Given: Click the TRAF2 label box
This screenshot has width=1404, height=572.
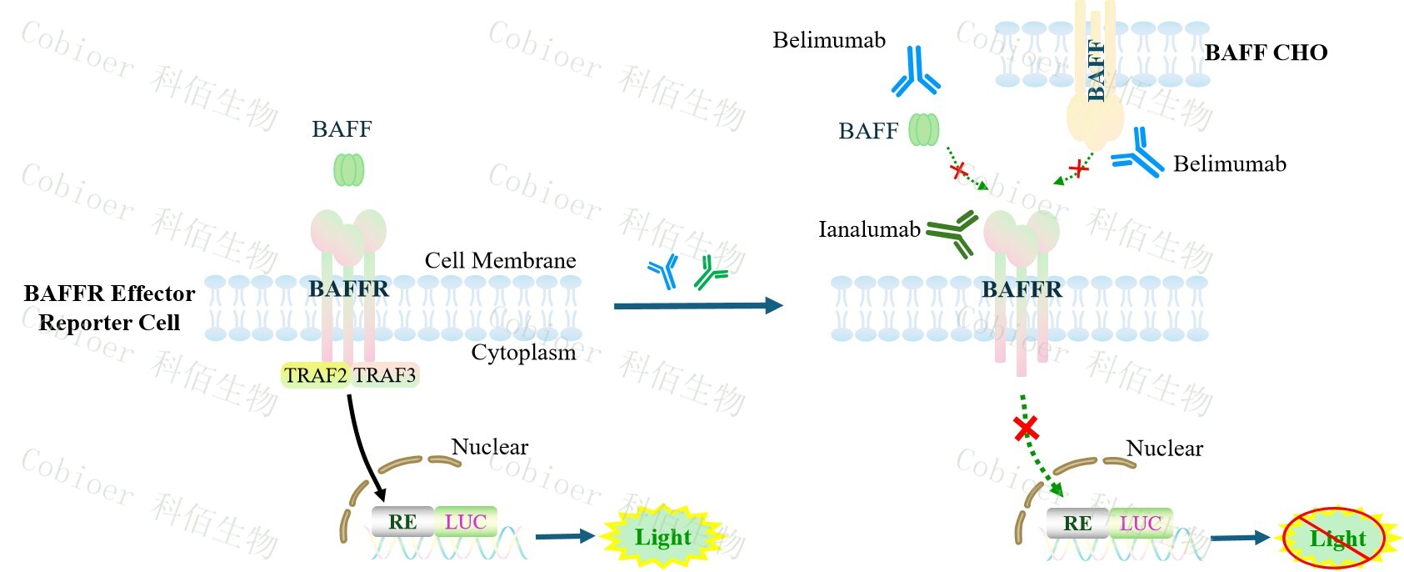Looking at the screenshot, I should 315,375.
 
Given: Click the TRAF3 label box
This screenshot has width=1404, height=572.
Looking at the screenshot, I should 385,375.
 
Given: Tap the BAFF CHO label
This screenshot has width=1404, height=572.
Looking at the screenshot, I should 1265,53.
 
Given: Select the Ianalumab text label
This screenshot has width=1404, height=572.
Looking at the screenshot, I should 869,229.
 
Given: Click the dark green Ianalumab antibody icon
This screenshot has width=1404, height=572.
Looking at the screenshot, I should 952,233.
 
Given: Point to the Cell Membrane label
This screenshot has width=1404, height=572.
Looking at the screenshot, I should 500,260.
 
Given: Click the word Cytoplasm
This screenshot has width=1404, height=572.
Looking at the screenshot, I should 523,352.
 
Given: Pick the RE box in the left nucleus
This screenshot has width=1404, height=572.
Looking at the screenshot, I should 402,522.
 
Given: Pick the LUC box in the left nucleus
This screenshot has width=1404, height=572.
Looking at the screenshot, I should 465,522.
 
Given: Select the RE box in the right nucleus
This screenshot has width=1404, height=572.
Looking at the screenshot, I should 1077,524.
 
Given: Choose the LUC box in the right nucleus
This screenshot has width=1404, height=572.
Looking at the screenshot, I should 1140,524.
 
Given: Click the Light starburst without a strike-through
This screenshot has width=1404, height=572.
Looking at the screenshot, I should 662,537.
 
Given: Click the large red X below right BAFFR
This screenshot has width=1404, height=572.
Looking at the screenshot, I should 1026,429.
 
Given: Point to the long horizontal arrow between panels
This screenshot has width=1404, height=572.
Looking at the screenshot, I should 697,306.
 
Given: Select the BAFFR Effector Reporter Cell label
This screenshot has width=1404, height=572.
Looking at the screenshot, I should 109,308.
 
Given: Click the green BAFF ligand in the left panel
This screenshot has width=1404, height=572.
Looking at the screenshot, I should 348,169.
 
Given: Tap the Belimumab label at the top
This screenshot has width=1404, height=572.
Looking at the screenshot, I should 828,40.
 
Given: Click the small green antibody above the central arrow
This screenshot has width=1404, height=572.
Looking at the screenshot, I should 710,273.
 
